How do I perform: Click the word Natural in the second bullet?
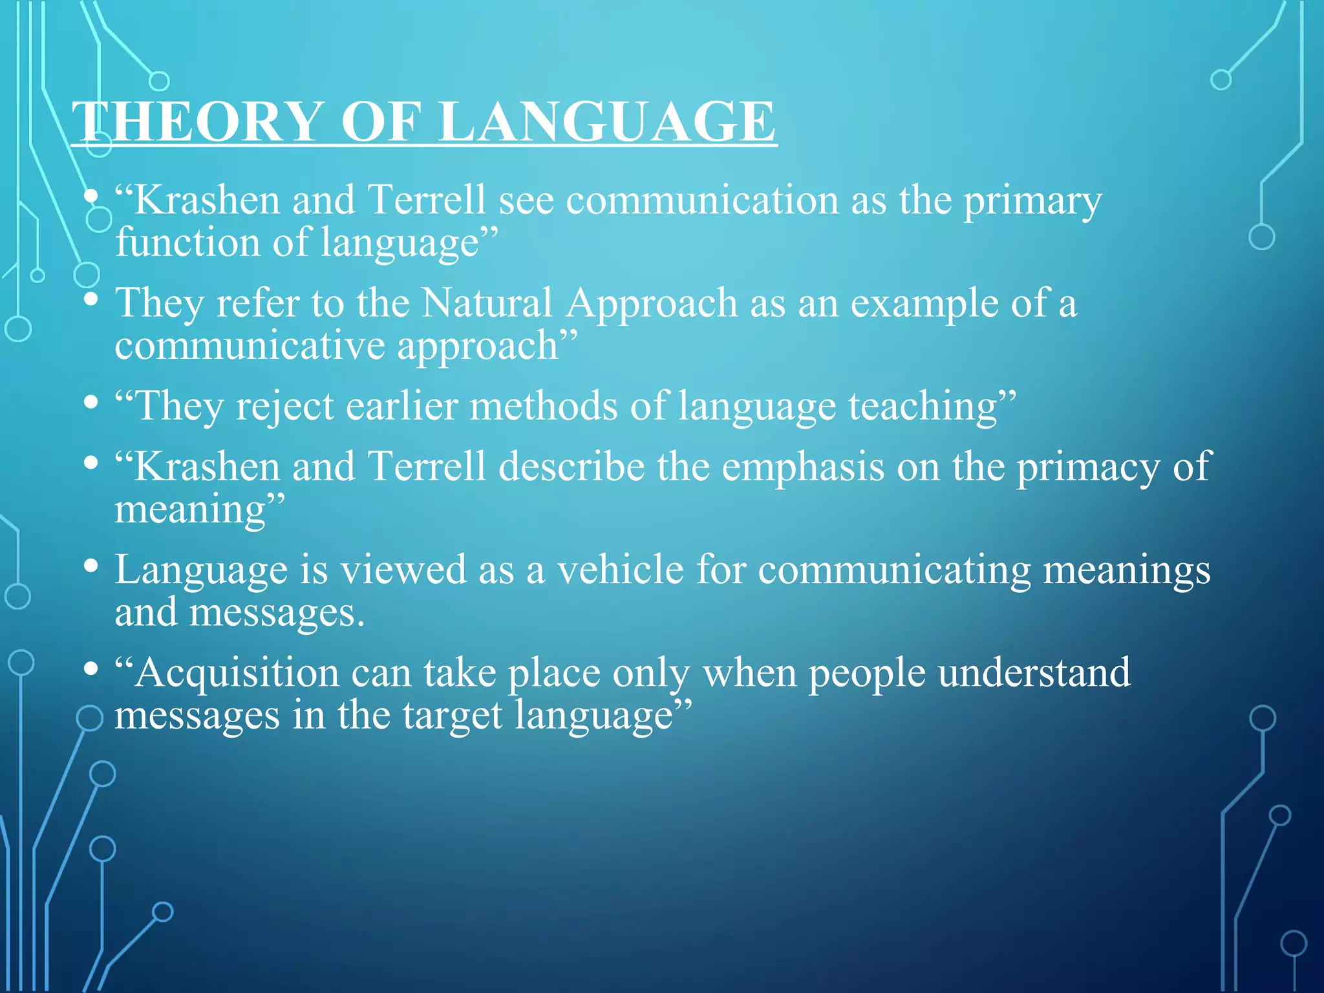tap(486, 303)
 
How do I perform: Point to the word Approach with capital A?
tap(651, 304)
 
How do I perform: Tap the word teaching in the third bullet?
tap(924, 407)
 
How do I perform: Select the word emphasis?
tap(802, 466)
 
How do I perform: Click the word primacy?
tap(1089, 467)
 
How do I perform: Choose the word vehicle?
tap(620, 570)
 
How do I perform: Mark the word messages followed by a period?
tap(276, 612)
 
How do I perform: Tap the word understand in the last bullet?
tap(1034, 673)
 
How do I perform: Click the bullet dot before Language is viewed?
tap(91, 566)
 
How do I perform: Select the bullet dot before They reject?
tap(91, 403)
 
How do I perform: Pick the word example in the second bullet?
tap(924, 304)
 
